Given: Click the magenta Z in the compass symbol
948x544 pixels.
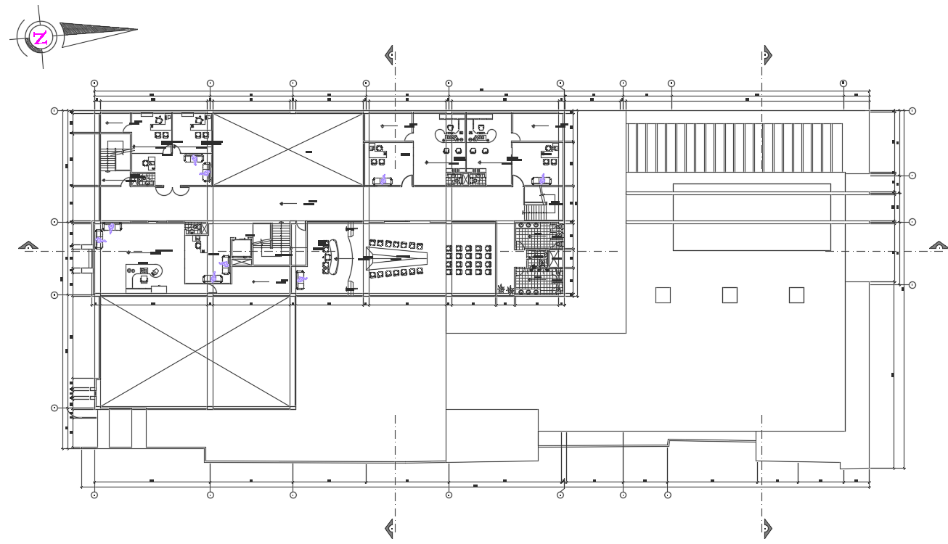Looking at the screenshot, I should (x=41, y=38).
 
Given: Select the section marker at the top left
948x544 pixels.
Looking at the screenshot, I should (x=390, y=54).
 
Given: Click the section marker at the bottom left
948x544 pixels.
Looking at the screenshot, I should (x=390, y=528).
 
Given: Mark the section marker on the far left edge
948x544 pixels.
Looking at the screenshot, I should (x=28, y=247).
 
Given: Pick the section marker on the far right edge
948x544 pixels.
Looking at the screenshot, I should (x=938, y=247).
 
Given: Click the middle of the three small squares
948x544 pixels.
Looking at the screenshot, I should (x=730, y=295).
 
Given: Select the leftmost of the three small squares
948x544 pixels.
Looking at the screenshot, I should (x=663, y=295).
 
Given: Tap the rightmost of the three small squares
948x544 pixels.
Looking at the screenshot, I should (x=796, y=295).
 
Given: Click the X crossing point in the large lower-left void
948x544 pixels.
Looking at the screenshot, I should (x=196, y=352).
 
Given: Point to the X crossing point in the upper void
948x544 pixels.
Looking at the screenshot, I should (x=287, y=149).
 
